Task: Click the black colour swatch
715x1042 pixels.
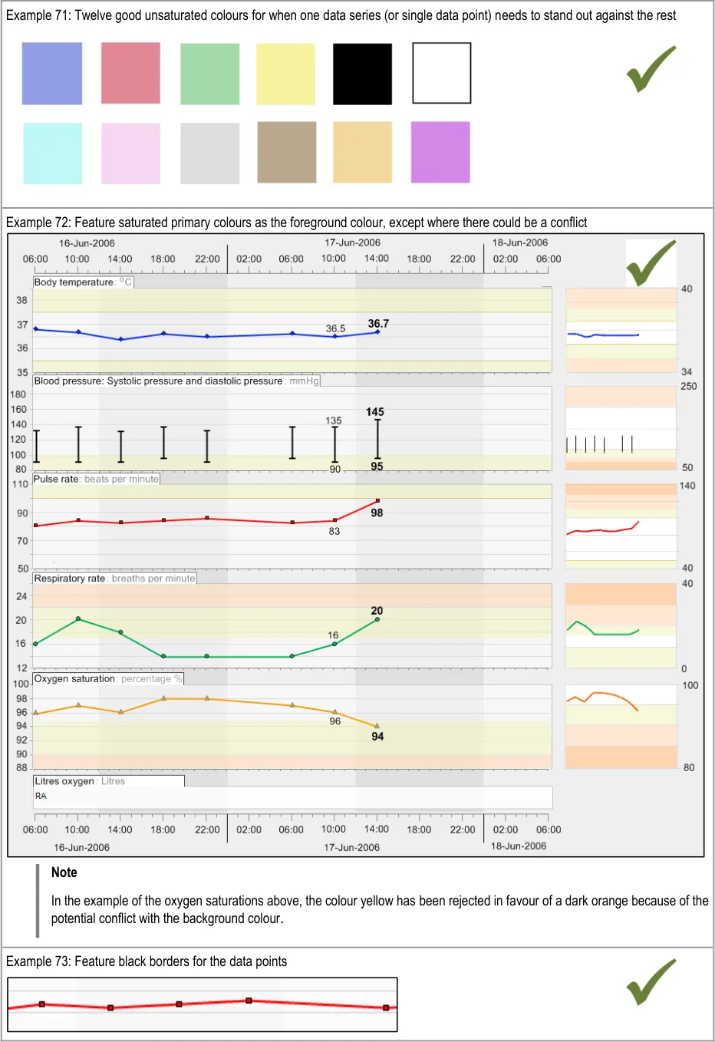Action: click(362, 74)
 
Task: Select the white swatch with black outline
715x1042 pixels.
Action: click(441, 73)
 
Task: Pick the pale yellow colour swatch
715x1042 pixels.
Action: click(285, 74)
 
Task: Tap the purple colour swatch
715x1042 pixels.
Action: click(440, 152)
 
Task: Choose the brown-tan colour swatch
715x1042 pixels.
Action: click(286, 152)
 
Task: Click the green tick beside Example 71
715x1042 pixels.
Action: click(651, 69)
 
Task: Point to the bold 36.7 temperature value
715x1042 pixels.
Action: click(378, 323)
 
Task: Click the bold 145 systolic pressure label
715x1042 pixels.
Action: click(375, 412)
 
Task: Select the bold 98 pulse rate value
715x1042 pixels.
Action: click(377, 513)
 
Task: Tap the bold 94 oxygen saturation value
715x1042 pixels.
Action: click(377, 736)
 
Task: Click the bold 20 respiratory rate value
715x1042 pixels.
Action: click(377, 611)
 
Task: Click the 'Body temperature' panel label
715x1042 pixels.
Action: click(74, 282)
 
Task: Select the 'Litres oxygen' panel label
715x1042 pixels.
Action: click(64, 781)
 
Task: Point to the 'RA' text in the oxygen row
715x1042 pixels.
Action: click(41, 796)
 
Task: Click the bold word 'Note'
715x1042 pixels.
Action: click(64, 872)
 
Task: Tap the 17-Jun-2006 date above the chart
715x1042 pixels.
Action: click(352, 242)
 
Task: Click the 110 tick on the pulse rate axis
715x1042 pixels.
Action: click(20, 484)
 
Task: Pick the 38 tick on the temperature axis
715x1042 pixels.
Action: click(22, 300)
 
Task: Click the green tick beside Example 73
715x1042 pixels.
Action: click(651, 981)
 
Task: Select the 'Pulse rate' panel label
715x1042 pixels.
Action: click(56, 479)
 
